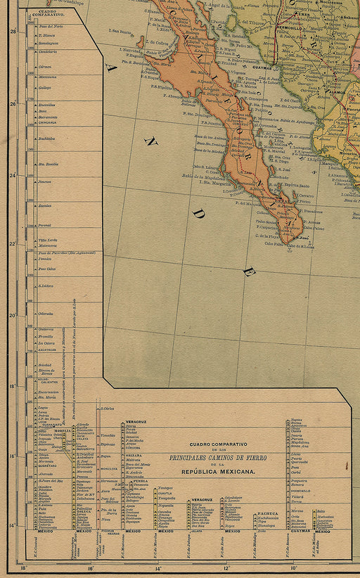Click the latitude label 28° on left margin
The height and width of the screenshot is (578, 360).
(13, 32)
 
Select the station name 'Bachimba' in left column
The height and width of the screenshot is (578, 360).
(46, 139)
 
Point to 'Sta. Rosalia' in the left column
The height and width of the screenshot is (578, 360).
(48, 164)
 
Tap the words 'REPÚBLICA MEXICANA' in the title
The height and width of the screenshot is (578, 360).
(218, 472)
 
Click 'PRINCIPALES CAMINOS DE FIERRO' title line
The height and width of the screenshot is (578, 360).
(218, 458)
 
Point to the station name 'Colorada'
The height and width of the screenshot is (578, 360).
(46, 313)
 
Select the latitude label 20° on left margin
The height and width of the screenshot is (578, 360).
(13, 315)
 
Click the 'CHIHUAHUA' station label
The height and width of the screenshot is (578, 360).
(48, 122)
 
